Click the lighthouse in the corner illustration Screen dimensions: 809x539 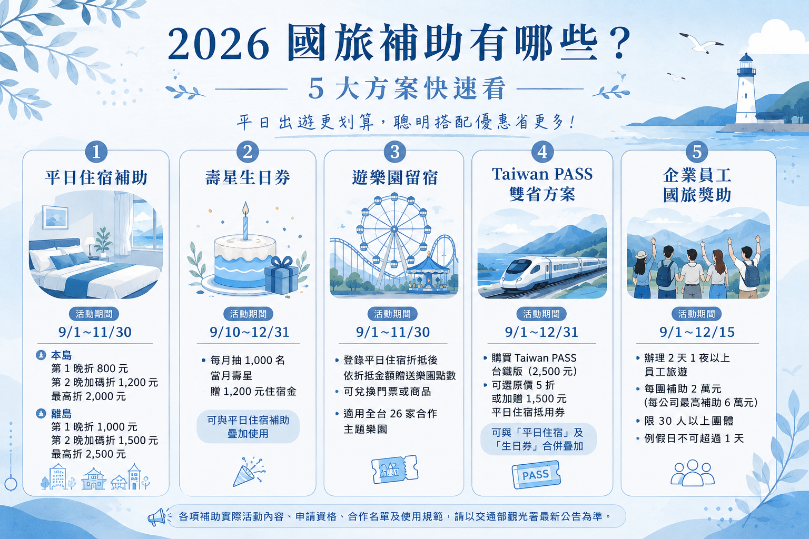coord(745,90)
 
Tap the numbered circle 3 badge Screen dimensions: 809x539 coord(394,152)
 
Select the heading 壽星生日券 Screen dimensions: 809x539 coord(248,177)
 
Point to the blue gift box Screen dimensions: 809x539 coord(282,274)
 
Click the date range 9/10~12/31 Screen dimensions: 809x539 coord(250,332)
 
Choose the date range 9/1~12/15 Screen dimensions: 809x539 coord(697,332)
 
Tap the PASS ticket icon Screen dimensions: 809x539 coord(536,475)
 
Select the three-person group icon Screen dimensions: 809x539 coord(693,473)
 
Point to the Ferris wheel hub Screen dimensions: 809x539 coord(394,229)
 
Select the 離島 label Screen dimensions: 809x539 coord(61,413)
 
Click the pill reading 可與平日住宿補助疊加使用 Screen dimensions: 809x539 coord(248,427)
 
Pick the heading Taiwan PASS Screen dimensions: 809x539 coord(542,174)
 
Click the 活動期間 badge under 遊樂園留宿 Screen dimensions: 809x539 coord(392,314)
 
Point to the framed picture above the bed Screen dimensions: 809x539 coord(55,217)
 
